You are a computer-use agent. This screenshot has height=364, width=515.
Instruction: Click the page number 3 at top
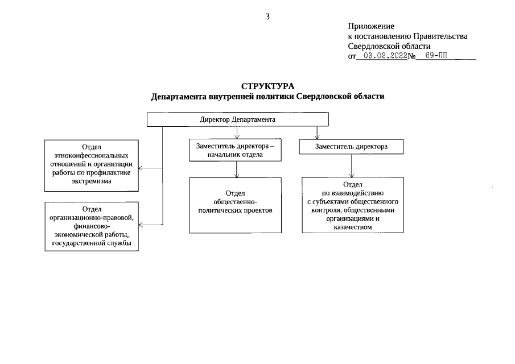[x=267, y=16]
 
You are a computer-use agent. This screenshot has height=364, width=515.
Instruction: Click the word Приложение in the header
[x=370, y=26]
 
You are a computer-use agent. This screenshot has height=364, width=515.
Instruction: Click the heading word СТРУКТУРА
[x=267, y=86]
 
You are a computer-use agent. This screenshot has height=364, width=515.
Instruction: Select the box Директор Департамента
[x=237, y=120]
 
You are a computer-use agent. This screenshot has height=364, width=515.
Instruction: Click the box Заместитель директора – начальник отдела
[x=235, y=150]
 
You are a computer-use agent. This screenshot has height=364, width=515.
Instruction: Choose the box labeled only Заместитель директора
[x=351, y=147]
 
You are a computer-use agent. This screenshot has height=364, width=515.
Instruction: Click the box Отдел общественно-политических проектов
[x=235, y=205]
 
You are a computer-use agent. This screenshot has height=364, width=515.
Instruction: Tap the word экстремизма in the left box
[x=92, y=181]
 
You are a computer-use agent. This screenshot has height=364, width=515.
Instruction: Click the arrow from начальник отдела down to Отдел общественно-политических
[x=235, y=170]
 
